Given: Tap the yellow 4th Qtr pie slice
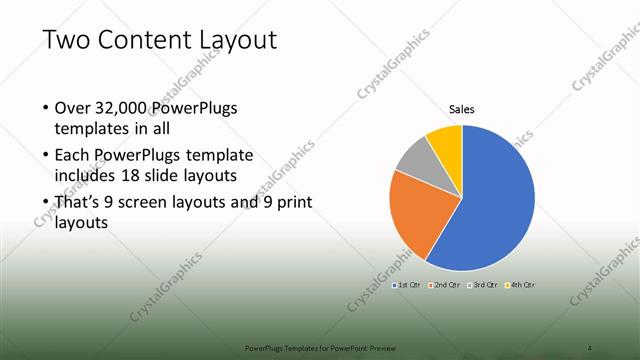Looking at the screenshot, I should click(x=446, y=143).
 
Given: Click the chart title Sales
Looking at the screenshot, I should click(x=461, y=109).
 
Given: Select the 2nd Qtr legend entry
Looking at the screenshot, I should click(x=444, y=285).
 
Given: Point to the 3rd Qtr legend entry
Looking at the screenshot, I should click(x=483, y=285).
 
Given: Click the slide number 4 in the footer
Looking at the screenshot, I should click(x=590, y=347).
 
